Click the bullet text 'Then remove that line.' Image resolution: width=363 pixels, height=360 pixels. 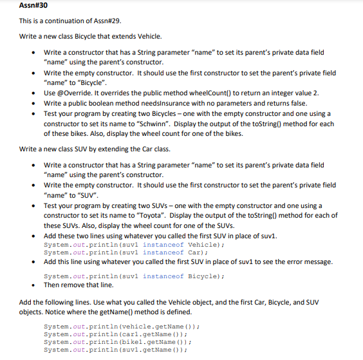78,284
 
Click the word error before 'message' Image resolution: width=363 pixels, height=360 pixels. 290,262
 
